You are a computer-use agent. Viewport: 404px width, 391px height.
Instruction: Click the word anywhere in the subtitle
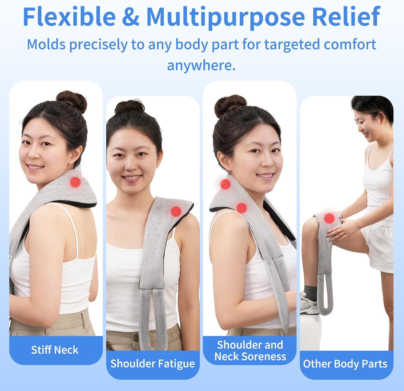(x=201, y=65)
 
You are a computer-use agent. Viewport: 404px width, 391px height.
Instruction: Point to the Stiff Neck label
(x=55, y=350)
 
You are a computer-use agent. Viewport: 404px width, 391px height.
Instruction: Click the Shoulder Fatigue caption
(x=152, y=364)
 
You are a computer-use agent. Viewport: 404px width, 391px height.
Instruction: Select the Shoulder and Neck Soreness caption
(x=250, y=351)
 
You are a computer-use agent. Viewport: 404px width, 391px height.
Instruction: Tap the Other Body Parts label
(x=345, y=364)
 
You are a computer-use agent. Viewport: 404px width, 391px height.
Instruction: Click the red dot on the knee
(x=329, y=218)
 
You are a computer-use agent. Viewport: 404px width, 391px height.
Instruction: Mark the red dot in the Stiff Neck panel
(x=75, y=182)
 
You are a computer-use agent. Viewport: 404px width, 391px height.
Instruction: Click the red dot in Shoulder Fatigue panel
(x=176, y=211)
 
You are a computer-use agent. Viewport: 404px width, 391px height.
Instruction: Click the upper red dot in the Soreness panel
(x=225, y=184)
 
